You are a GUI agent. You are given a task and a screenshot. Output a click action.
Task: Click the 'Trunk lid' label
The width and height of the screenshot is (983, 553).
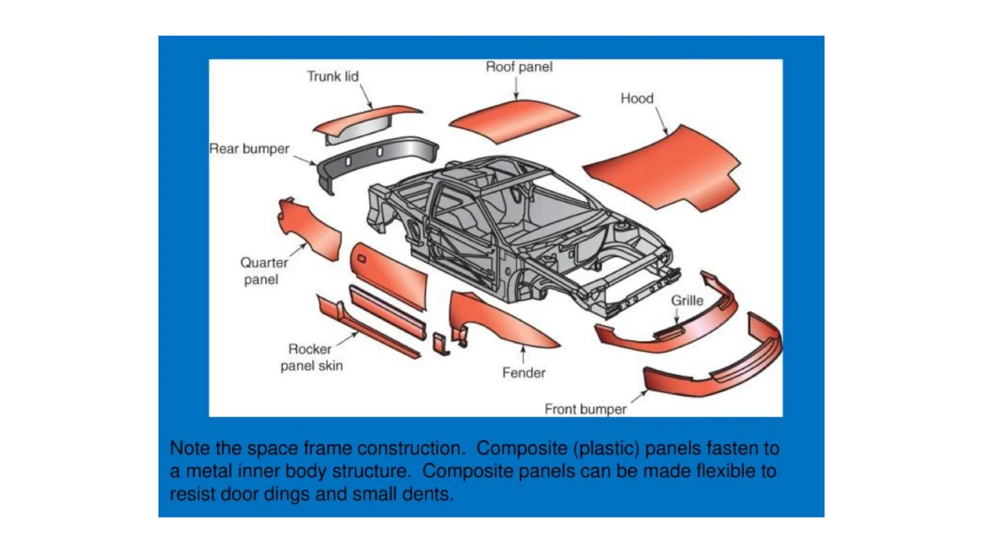(x=333, y=76)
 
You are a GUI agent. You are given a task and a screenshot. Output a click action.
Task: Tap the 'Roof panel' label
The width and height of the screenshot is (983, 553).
(x=519, y=67)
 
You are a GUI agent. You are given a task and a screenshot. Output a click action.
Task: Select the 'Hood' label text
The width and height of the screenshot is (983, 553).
(x=637, y=98)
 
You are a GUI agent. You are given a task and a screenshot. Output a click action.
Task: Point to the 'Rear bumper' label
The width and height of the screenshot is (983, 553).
(x=249, y=149)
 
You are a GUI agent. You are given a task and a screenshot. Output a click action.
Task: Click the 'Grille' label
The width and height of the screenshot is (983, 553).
(x=687, y=301)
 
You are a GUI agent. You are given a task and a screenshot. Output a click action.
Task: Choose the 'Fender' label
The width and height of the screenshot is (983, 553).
(x=524, y=373)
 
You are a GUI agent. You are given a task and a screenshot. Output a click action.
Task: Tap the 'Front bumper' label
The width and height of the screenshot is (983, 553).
(x=585, y=409)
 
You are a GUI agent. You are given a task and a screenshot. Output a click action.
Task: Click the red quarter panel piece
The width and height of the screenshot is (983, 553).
(x=312, y=230)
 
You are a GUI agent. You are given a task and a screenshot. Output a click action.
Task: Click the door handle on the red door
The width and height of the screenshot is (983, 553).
(x=362, y=259)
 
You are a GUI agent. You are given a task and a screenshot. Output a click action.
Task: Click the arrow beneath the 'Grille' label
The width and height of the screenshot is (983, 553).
(x=677, y=315)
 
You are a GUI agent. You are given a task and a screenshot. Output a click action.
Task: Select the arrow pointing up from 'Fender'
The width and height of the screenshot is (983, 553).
(x=523, y=355)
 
